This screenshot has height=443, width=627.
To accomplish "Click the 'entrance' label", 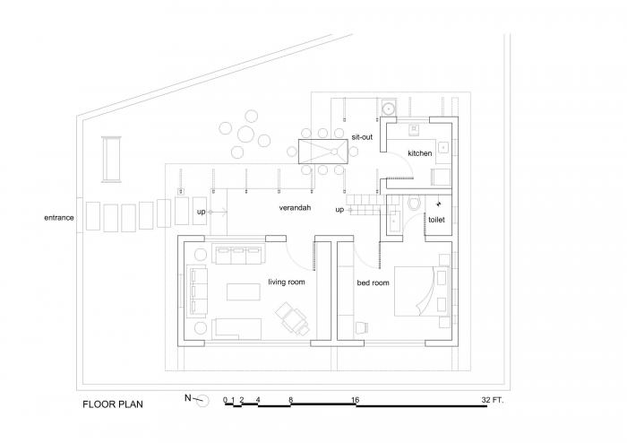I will [x=58, y=218].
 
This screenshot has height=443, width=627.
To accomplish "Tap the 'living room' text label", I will [x=287, y=282].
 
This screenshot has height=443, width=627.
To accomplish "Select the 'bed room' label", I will [x=373, y=282].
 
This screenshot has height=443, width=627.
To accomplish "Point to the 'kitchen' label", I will [x=419, y=153].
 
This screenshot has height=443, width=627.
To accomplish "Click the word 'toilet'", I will [x=436, y=218].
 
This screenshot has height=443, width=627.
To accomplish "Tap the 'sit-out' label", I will [x=361, y=136].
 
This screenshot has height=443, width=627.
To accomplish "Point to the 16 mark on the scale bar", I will [x=356, y=398].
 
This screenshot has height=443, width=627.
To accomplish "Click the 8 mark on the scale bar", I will [x=290, y=398].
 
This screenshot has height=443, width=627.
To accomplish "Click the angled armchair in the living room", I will [x=290, y=317].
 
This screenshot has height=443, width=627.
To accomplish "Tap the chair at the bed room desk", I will [x=361, y=327].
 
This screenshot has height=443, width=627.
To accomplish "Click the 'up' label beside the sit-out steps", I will [x=339, y=210].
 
